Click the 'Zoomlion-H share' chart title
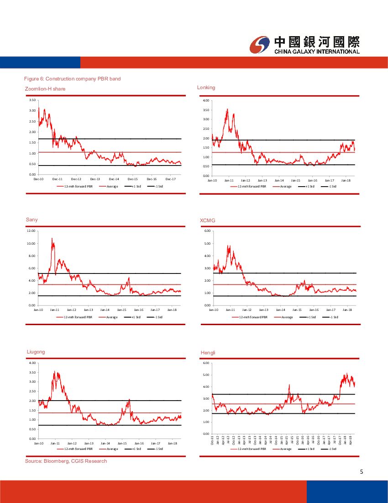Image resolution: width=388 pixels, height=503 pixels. pyautogui.click(x=45, y=89)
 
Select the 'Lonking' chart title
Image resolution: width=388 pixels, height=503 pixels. pyautogui.click(x=206, y=87)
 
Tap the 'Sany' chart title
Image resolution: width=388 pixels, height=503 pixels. pyautogui.click(x=31, y=219)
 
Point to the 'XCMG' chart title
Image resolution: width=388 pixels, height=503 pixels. pyautogui.click(x=207, y=220)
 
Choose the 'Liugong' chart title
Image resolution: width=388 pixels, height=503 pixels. pyautogui.click(x=35, y=352)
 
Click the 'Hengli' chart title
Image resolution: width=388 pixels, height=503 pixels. pyautogui.click(x=208, y=353)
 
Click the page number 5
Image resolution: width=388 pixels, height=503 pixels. pyautogui.click(x=361, y=472)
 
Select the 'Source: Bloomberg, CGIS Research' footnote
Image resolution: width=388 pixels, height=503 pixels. pyautogui.click(x=66, y=461)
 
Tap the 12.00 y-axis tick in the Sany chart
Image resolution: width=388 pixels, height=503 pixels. pyautogui.click(x=31, y=231)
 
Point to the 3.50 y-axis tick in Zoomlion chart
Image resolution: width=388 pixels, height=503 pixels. pyautogui.click(x=32, y=100)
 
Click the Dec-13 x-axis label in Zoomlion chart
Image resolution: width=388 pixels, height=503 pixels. pyautogui.click(x=95, y=179)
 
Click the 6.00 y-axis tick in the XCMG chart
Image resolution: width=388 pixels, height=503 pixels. pyautogui.click(x=207, y=231)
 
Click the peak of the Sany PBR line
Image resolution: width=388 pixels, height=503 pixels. pyautogui.click(x=52, y=238)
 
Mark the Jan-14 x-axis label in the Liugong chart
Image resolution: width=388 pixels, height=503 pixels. pyautogui.click(x=105, y=443)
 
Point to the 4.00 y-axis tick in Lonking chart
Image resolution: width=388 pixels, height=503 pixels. pyautogui.click(x=206, y=100)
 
